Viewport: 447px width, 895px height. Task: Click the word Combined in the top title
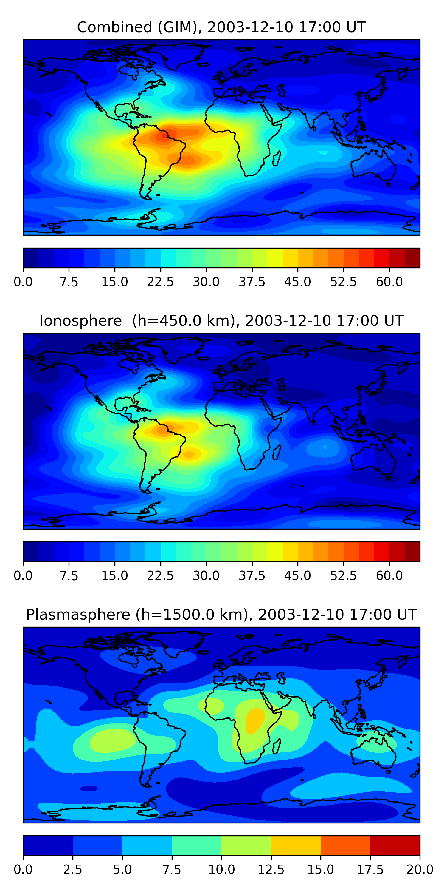[x=114, y=27]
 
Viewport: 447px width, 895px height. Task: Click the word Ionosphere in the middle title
[x=80, y=321]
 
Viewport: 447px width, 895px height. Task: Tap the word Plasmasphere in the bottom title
[x=78, y=615]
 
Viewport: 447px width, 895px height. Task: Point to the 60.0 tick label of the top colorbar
[x=389, y=282]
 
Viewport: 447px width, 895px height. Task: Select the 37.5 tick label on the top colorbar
[x=252, y=282]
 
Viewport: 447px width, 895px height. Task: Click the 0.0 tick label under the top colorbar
[x=23, y=282]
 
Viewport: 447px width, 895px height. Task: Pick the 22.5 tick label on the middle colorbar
[x=160, y=576]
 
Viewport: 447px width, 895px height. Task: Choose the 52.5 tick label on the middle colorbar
[x=343, y=576]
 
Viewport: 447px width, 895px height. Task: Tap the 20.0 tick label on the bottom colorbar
[x=420, y=870]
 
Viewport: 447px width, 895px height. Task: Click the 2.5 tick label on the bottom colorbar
[x=72, y=870]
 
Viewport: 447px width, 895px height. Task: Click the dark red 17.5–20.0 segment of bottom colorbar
[x=395, y=845]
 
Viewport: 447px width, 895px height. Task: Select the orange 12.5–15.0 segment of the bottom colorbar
[x=296, y=845]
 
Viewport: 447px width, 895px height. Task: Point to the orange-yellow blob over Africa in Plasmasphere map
[x=255, y=720]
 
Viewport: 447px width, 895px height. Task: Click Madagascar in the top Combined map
[x=277, y=158]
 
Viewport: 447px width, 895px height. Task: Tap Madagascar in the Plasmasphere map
[x=277, y=746]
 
